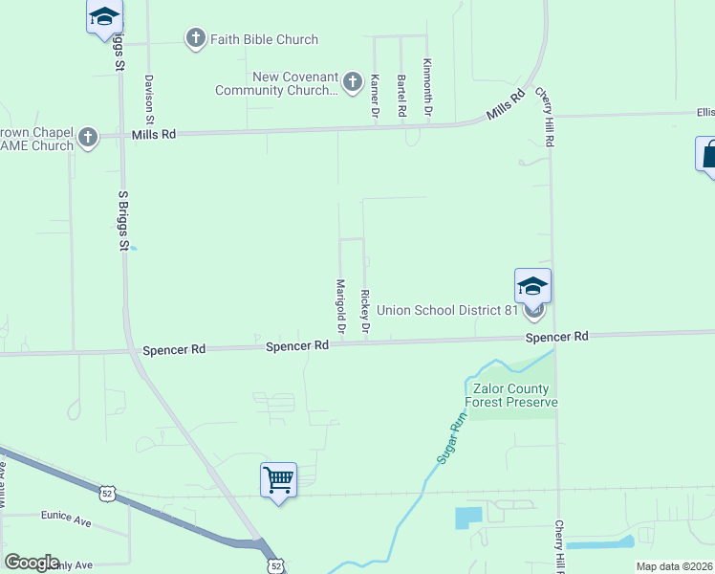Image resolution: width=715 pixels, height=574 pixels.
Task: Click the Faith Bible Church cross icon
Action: click(x=195, y=39)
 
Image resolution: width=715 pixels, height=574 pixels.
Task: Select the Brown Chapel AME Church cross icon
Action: click(x=88, y=137)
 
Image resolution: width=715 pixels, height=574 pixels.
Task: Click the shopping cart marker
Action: click(x=278, y=478)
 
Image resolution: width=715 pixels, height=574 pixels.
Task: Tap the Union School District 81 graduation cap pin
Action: click(x=533, y=285)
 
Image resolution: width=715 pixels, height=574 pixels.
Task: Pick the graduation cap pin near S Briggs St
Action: click(x=104, y=16)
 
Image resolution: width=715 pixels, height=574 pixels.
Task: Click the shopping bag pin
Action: click(x=708, y=153)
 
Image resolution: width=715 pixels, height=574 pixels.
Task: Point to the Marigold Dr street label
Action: click(x=340, y=306)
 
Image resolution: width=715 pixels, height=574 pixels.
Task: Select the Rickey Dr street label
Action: click(x=364, y=311)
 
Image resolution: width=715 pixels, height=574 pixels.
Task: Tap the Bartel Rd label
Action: click(x=402, y=96)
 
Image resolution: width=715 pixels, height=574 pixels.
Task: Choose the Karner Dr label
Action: click(x=376, y=97)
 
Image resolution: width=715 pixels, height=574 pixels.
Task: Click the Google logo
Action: click(x=32, y=563)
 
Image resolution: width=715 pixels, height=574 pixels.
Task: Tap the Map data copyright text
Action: click(x=674, y=566)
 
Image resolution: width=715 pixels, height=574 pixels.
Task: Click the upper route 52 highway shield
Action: click(x=108, y=493)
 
